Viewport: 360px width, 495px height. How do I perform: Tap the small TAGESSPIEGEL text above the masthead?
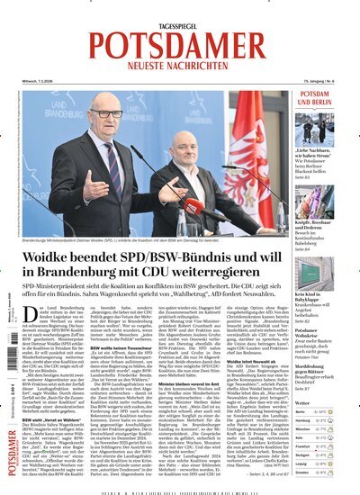pyautogui.click(x=180, y=12)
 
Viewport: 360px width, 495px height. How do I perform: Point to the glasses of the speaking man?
pyautogui.click(x=106, y=114)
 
